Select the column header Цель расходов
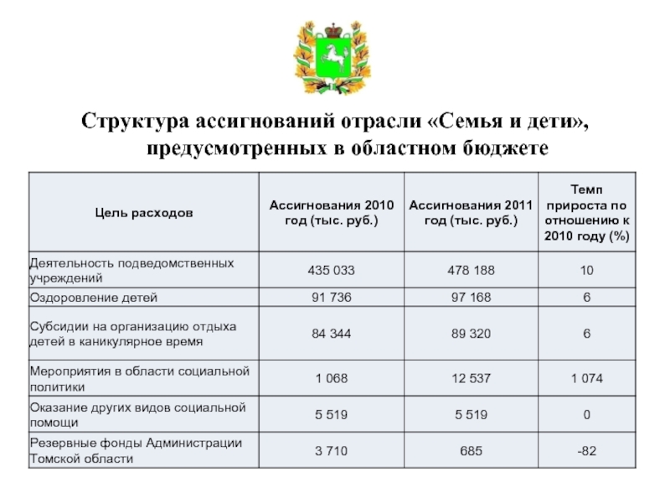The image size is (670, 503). coord(143,213)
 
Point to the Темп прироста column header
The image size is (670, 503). coord(586,213)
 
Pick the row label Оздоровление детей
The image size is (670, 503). coord(94,298)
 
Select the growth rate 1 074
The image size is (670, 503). coord(586,379)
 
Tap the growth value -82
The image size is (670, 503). coord(586,451)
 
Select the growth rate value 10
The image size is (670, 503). coord(586,270)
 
